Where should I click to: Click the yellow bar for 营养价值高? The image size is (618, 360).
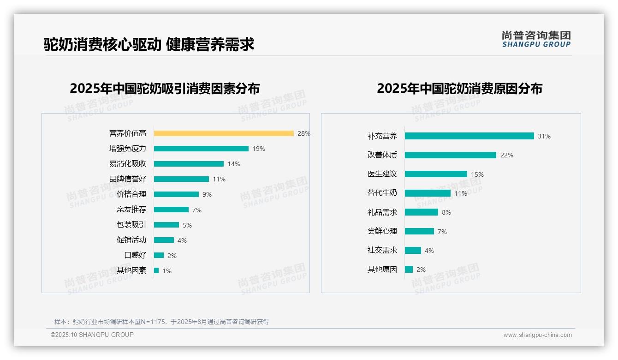pos(224,133)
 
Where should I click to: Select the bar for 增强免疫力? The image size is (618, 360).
pos(201,149)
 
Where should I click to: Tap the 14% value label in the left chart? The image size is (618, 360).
pos(234,164)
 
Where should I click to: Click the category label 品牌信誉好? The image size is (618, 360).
pos(128,179)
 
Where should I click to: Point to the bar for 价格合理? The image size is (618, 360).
pos(176,194)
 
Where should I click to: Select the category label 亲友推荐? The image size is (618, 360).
pos(131,210)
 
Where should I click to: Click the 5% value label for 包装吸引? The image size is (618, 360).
pos(187,225)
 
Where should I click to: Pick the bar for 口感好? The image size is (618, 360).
pos(159,255)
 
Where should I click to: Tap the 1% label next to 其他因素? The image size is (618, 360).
pos(166,271)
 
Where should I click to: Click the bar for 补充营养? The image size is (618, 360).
pos(469,136)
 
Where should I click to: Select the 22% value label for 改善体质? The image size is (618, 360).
pos(506,155)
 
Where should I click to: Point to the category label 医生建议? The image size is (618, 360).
pos(382,174)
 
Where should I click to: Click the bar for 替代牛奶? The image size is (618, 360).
pos(428,193)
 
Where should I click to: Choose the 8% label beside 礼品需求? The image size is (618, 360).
pos(446,212)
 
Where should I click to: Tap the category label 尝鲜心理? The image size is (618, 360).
pos(382,231)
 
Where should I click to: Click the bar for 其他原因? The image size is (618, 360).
pos(409,270)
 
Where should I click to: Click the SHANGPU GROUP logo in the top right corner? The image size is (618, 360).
pos(536,39)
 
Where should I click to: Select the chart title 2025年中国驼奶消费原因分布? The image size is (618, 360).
pos(459,89)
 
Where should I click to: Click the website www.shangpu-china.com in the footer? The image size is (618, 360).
pos(537,335)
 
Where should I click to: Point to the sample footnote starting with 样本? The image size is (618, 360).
pos(161,322)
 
